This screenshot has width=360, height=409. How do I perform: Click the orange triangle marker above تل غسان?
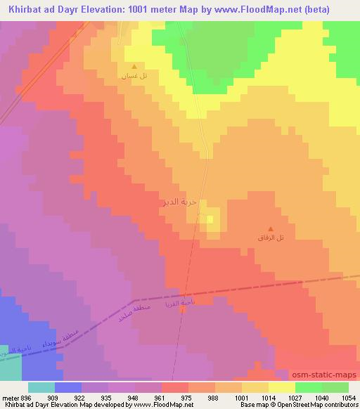click(134, 67)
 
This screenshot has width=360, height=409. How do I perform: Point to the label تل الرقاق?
click(271, 238)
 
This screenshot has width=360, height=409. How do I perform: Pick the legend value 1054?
click(349, 397)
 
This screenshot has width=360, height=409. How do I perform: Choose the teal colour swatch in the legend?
click(41, 387)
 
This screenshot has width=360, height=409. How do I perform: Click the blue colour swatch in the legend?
click(67, 387)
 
